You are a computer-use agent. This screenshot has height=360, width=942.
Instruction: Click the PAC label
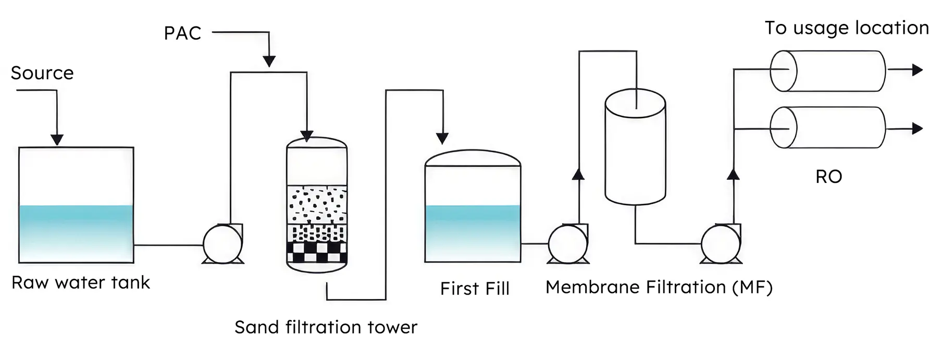182,33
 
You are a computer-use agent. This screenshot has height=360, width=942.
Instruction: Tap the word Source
42,73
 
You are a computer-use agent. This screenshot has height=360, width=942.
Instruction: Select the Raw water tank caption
81,283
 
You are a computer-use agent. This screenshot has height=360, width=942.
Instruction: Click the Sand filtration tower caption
326,327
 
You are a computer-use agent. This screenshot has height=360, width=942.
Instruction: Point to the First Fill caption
475,289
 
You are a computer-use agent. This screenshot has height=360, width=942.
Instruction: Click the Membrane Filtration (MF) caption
659,287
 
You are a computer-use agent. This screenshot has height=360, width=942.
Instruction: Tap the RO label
828,177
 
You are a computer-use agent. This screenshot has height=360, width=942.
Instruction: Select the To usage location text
847,28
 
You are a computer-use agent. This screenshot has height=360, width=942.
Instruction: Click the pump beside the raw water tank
222,244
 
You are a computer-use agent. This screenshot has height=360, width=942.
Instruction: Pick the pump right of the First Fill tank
568,243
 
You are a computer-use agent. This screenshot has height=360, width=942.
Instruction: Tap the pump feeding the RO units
721,243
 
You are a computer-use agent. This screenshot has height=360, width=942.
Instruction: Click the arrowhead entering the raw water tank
57,140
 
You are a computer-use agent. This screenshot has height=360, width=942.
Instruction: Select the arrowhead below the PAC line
269,61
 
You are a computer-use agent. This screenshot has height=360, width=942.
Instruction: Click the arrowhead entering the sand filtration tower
307,135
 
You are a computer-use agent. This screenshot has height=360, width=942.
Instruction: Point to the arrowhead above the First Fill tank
442,138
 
